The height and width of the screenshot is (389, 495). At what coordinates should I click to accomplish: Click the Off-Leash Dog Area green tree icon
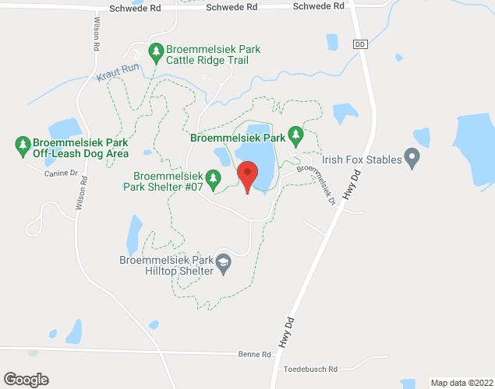point(23,145)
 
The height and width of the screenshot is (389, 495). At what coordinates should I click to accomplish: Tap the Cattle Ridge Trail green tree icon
point(156,53)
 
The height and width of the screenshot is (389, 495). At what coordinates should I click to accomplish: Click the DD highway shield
point(359,44)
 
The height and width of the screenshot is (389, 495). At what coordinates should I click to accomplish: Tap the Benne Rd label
point(255,354)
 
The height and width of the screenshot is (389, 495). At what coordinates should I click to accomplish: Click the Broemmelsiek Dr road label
point(316,184)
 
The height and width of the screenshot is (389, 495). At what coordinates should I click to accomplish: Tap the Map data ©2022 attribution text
point(461,382)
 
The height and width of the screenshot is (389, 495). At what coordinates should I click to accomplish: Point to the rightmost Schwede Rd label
point(318,6)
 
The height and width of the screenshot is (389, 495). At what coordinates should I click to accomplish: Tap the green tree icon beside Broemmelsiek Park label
point(295,137)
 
